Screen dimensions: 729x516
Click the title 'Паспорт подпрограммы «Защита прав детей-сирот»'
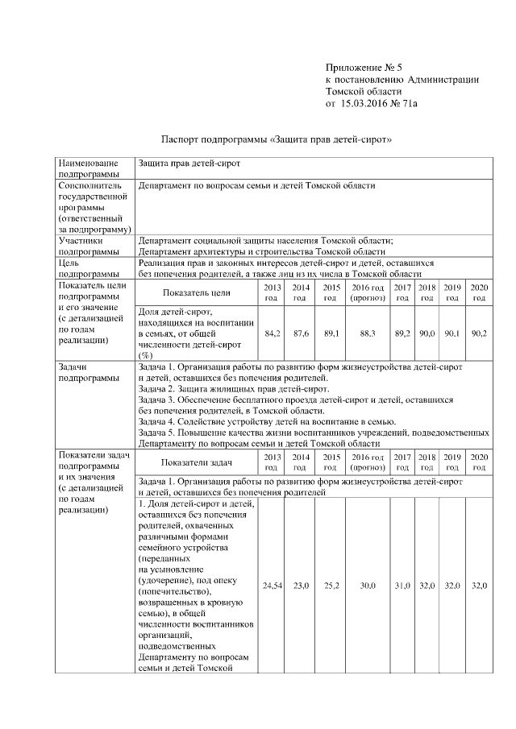tap(277, 139)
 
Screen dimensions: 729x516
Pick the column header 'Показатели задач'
tap(197, 462)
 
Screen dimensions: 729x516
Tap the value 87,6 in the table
tap(302, 333)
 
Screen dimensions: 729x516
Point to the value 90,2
tap(479, 333)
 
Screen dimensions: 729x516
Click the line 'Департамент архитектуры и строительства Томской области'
tap(256, 251)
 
